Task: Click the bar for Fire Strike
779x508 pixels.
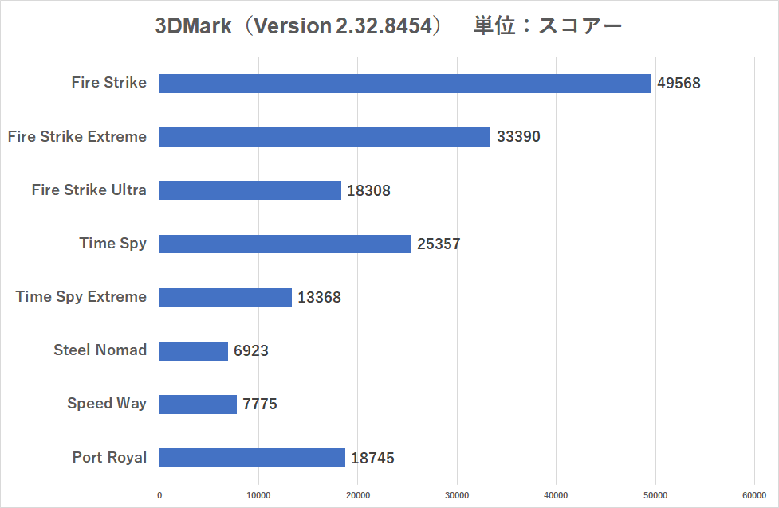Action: coord(405,84)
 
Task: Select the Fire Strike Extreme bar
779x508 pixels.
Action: coord(325,137)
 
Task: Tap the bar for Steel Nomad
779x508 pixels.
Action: coord(194,350)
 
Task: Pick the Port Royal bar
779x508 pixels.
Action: coord(252,458)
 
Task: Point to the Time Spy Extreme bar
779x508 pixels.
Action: coord(226,298)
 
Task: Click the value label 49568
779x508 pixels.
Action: coord(679,84)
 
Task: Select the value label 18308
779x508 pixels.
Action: coord(368,191)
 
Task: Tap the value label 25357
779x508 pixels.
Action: coord(439,244)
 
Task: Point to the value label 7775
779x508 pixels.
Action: coord(260,404)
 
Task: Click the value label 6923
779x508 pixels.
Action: coord(251,351)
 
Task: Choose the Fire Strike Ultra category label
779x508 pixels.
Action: coord(89,190)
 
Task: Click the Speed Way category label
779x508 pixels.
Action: coord(107,404)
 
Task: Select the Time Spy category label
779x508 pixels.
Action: coord(113,244)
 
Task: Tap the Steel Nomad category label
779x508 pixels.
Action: coord(100,350)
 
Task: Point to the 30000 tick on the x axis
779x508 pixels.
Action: coord(457,494)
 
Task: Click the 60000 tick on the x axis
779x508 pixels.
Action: coord(754,494)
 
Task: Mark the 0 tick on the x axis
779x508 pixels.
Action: coord(159,494)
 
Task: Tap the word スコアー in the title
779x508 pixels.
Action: coord(580,26)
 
